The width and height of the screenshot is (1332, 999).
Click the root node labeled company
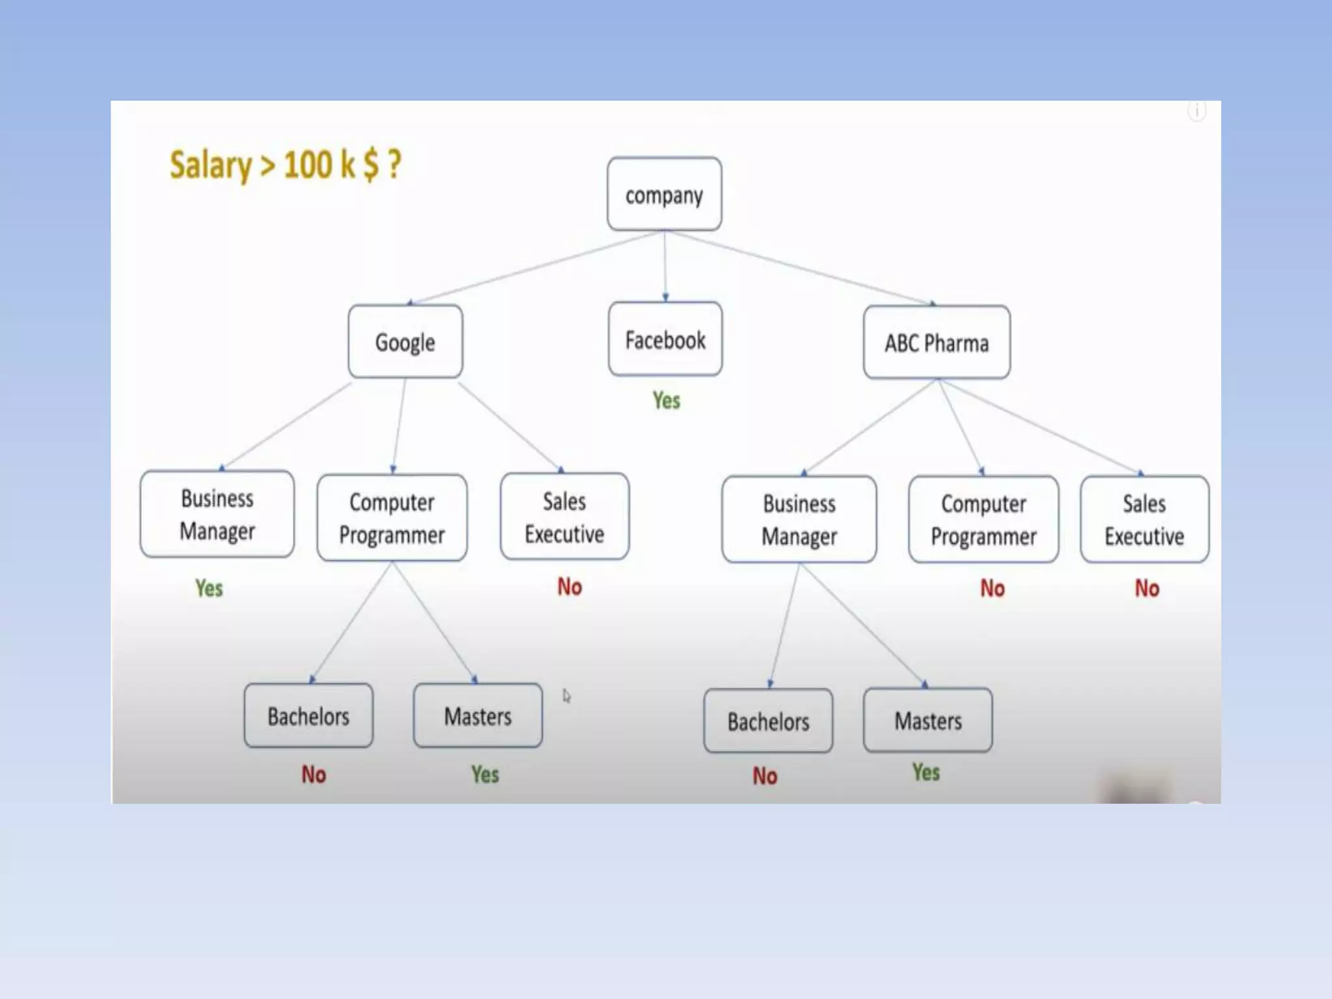[664, 194]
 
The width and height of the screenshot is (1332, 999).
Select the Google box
[405, 342]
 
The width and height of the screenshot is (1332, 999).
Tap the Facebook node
[665, 340]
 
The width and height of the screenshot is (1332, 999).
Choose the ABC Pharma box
[937, 343]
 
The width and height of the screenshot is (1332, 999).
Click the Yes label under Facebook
[667, 401]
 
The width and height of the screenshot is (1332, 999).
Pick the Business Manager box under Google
[217, 514]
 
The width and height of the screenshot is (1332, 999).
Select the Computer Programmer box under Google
[392, 518]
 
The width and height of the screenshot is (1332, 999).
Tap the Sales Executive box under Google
[565, 517]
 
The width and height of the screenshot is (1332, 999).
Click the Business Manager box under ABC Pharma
[799, 520]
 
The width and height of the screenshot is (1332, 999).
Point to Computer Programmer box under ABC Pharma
[983, 520]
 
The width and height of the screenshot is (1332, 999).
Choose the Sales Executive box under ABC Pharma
[1144, 520]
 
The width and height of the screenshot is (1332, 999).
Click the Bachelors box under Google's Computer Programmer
[308, 716]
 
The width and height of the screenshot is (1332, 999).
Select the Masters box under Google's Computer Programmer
[477, 716]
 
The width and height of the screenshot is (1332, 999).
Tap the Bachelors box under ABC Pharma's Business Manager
[768, 721]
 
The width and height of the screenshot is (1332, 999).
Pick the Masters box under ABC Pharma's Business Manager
[927, 721]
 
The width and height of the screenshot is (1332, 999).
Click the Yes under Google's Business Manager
[209, 589]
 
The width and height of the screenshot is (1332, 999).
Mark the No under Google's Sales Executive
[570, 587]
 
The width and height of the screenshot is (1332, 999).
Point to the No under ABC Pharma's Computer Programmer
[992, 589]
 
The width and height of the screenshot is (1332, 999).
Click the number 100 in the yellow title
[309, 165]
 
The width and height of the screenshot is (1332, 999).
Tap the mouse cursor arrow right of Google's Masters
[566, 696]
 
